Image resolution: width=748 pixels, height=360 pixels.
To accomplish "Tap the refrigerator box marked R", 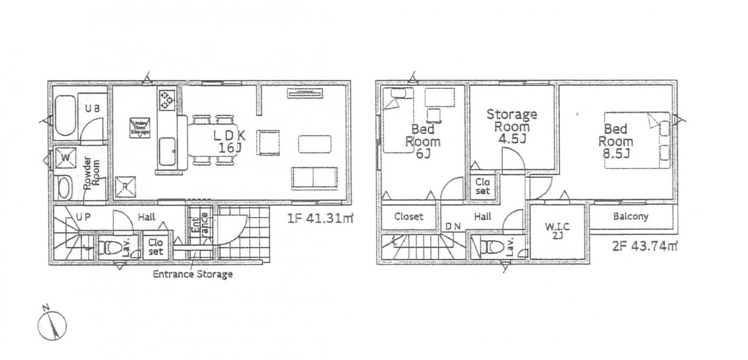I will coord(125,187).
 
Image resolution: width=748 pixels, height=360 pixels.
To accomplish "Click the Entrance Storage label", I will coord(192,275).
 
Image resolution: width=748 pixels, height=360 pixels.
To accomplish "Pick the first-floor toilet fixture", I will coord(111,247).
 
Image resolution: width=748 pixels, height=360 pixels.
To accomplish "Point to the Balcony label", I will coord(630,217).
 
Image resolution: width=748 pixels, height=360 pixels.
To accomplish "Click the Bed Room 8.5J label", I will coord(618,141).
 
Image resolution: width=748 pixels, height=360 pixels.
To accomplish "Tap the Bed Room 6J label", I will coord(423,141).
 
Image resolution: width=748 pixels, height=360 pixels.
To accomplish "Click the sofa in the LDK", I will coord(315,178).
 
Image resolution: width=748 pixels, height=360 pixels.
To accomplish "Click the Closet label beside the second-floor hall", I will coord(408,217).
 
